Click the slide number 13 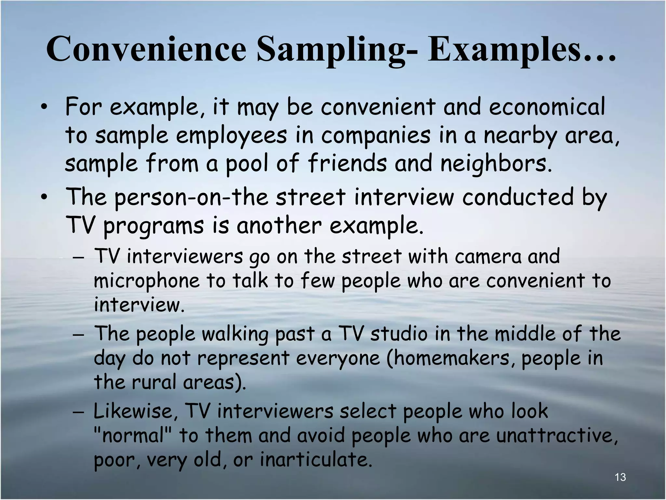tap(620, 477)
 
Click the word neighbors tap(496, 163)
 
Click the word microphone tap(146, 281)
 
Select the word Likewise tap(135, 411)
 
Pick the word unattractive tap(556, 435)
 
